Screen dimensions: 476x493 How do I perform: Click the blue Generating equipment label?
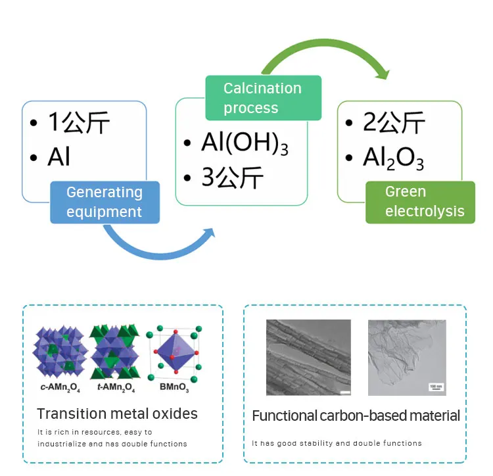coord(105,202)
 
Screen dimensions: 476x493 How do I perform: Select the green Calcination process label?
coord(263,98)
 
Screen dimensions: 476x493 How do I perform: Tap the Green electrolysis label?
coord(420,202)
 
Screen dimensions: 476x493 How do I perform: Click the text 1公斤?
coord(80,123)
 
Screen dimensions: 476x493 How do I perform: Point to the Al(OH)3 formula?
coord(245,145)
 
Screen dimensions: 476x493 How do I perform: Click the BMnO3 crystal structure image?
coord(175,351)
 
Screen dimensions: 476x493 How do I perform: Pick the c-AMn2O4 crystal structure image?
coord(60,351)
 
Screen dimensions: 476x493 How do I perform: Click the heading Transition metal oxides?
coord(117,414)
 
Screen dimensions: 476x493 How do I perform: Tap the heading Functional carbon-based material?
coord(356,416)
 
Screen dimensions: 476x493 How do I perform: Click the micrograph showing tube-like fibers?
coord(308,357)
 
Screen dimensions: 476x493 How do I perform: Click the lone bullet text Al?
coord(59,157)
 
